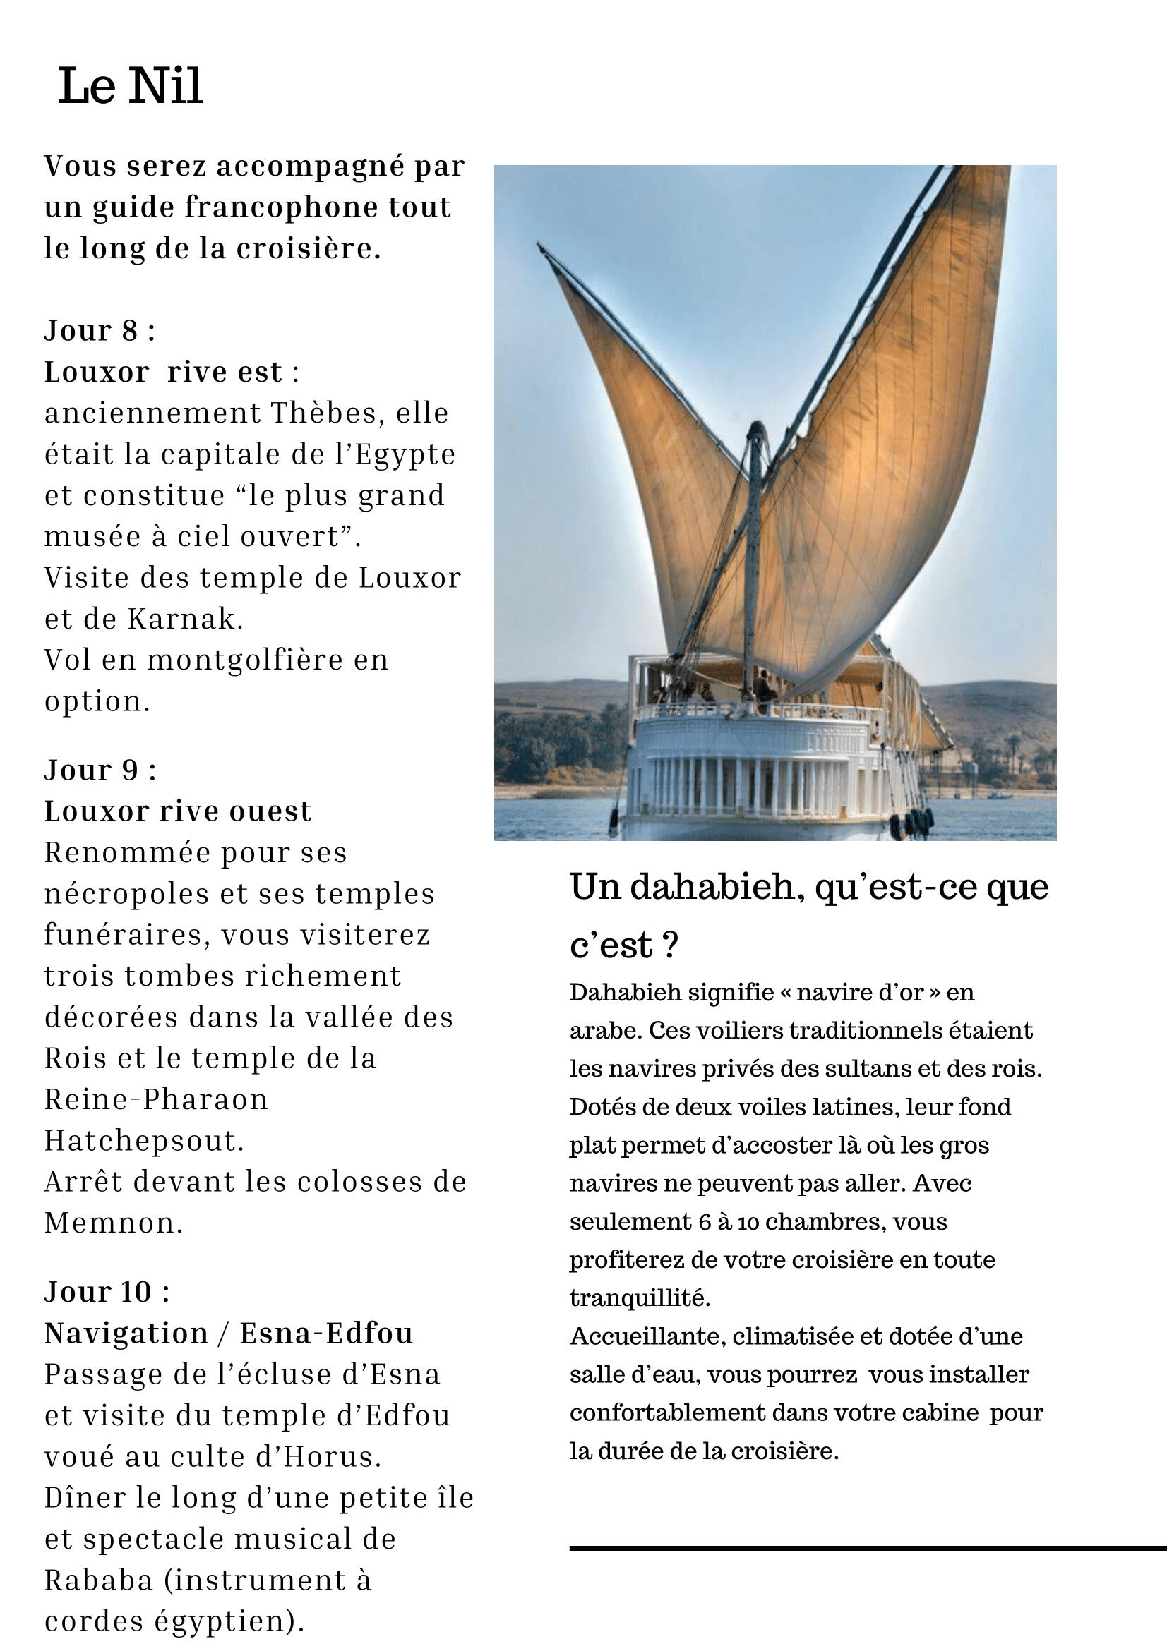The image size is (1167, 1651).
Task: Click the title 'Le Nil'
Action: [x=130, y=85]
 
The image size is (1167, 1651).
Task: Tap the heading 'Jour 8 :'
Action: [x=100, y=331]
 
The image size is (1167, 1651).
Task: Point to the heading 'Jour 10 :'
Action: [x=107, y=1292]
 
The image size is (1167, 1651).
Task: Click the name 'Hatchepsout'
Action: [x=144, y=1141]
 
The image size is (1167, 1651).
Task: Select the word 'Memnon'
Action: [x=114, y=1223]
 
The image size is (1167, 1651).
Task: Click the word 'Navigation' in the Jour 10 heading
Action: [x=126, y=1333]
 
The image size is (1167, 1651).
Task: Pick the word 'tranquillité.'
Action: [x=640, y=1298]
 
